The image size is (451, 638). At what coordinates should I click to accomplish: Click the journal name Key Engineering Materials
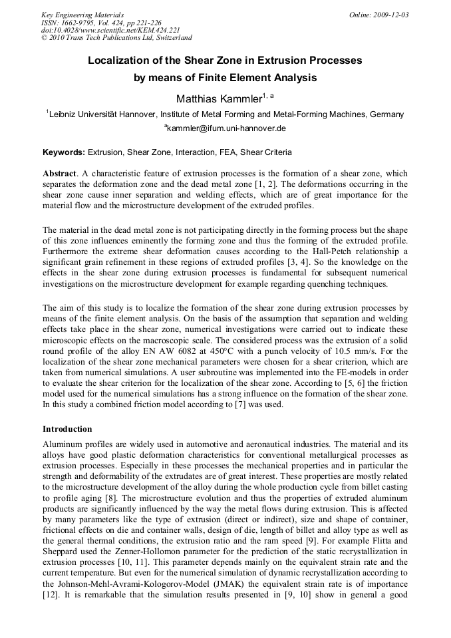pyautogui.click(x=82, y=15)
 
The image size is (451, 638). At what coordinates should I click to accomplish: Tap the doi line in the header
pyautogui.click(x=110, y=31)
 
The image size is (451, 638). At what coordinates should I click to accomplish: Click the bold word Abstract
pyautogui.click(x=61, y=173)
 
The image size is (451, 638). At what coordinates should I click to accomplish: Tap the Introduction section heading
pyautogui.click(x=67, y=429)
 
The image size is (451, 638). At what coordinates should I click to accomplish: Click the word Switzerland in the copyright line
pyautogui.click(x=170, y=39)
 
